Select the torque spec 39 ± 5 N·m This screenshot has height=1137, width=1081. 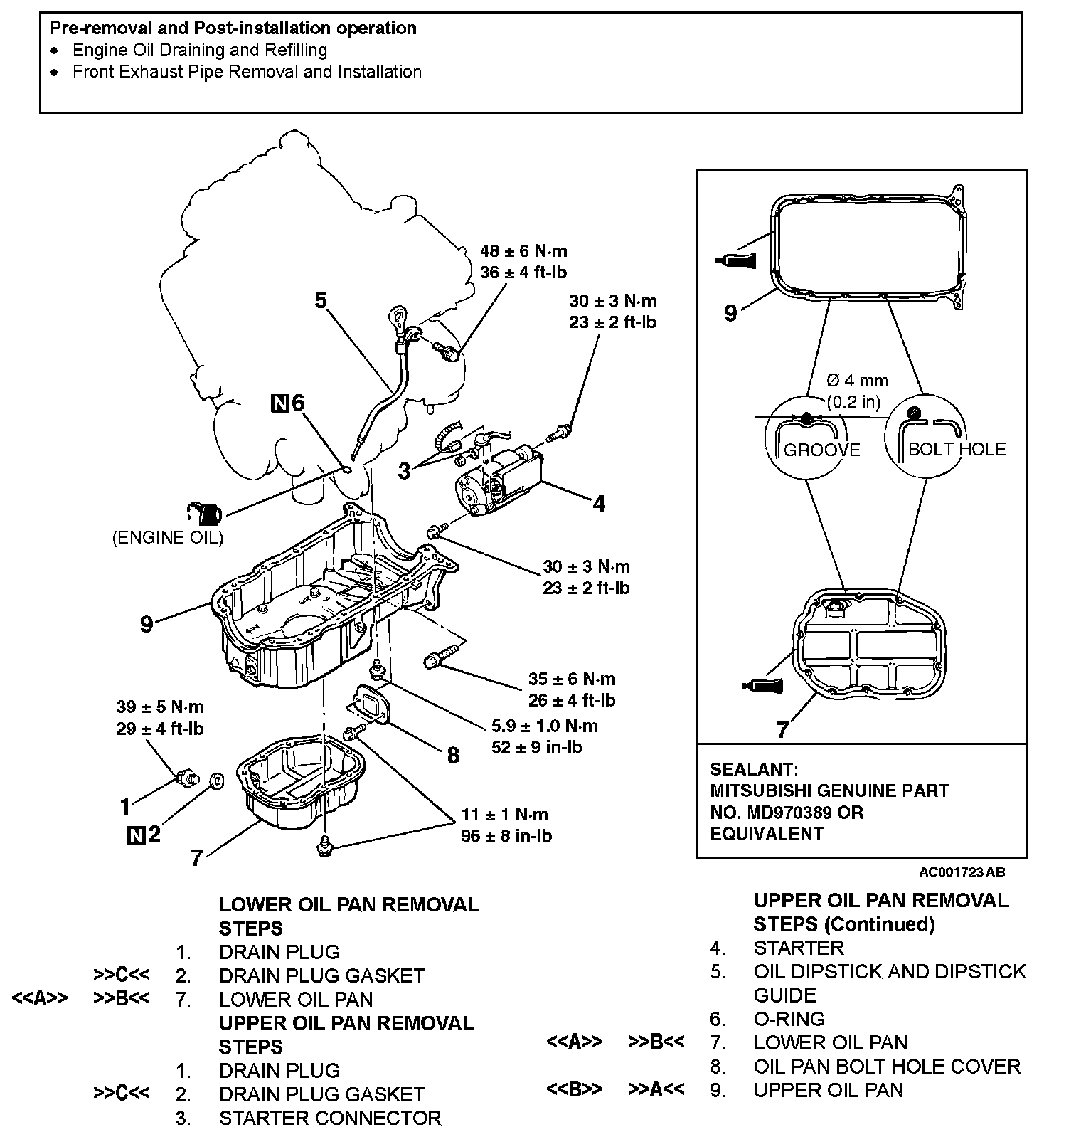coord(160,707)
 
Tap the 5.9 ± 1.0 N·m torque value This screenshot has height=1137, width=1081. coord(544,726)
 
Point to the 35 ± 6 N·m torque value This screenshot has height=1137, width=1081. coord(572,679)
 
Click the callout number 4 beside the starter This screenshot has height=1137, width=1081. coord(599,504)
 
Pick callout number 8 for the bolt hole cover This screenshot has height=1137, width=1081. coord(453,755)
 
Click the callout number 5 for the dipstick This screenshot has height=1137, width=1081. coord(321,300)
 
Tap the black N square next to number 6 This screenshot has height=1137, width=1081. coord(280,404)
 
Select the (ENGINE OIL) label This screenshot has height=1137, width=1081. coord(168,538)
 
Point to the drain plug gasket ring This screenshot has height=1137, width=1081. coord(217,781)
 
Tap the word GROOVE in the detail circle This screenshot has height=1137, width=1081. coord(821,450)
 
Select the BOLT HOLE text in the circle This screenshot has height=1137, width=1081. coord(957,450)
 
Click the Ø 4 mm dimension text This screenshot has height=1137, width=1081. coord(858,381)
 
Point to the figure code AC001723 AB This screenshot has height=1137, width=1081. coord(962,872)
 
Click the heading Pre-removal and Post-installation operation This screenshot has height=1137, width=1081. coord(233,28)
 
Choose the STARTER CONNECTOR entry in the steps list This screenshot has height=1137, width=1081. coord(330,1118)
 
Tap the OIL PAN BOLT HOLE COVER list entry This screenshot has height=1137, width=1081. coord(887,1067)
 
